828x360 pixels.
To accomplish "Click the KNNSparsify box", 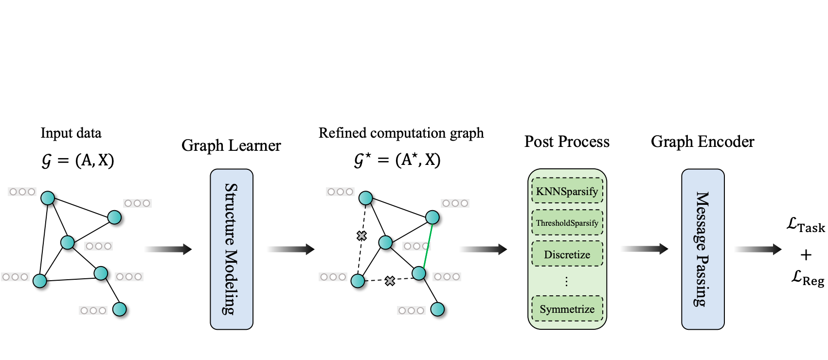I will [567, 191].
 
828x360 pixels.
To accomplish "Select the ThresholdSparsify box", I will [567, 223].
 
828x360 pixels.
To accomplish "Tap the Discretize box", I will [567, 254].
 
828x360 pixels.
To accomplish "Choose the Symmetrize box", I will [567, 309].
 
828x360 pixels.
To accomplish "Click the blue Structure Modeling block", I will [232, 249].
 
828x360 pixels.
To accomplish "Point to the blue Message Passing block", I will [702, 249].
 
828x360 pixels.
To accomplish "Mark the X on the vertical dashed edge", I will [361, 236].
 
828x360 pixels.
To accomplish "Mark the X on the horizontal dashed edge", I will [390, 281].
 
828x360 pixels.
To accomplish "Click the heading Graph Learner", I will [231, 145].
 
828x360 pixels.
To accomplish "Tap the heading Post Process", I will [567, 142].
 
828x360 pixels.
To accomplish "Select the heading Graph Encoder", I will [702, 142].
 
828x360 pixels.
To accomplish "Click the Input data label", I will [71, 133].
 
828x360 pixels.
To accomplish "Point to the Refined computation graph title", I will [401, 133].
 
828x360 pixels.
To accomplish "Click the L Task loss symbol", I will [806, 226].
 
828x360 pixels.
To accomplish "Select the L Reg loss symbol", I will [807, 279].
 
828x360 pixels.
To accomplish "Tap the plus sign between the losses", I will [806, 254].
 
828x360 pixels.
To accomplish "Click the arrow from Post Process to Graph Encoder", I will [645, 249].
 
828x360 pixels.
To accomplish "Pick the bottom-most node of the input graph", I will [119, 309].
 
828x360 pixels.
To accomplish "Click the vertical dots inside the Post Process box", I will [566, 282].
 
